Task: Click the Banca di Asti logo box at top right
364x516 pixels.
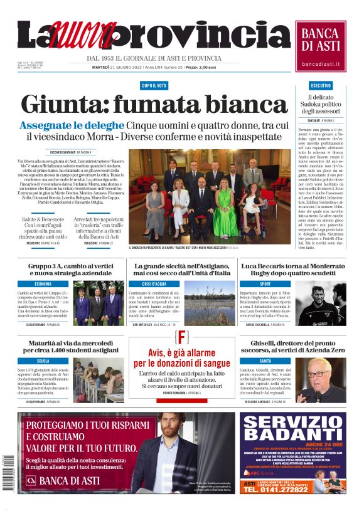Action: tap(321, 46)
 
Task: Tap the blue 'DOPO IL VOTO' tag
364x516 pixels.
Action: tap(154, 85)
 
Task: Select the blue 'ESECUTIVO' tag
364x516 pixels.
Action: tap(321, 85)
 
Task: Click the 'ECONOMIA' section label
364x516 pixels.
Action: tap(43, 283)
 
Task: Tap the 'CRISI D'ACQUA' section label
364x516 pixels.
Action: tap(154, 283)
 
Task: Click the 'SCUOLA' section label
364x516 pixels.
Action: tap(43, 361)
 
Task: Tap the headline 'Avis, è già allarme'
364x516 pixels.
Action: tap(181, 351)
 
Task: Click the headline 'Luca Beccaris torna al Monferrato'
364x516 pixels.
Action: tap(293, 265)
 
